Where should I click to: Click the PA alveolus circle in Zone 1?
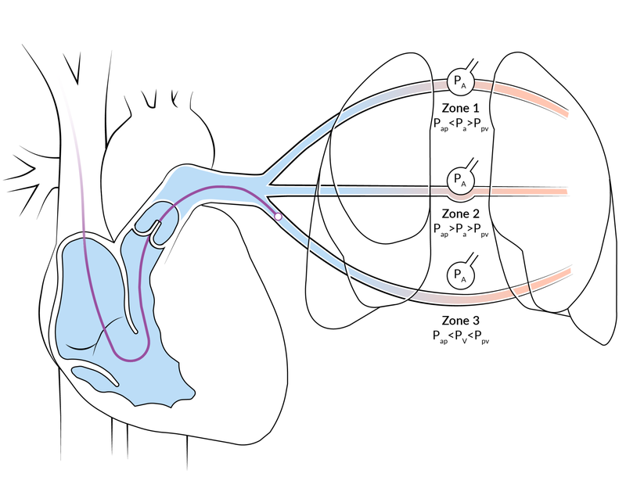(459, 79)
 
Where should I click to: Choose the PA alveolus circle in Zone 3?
(459, 275)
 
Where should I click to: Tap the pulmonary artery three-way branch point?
(270, 186)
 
